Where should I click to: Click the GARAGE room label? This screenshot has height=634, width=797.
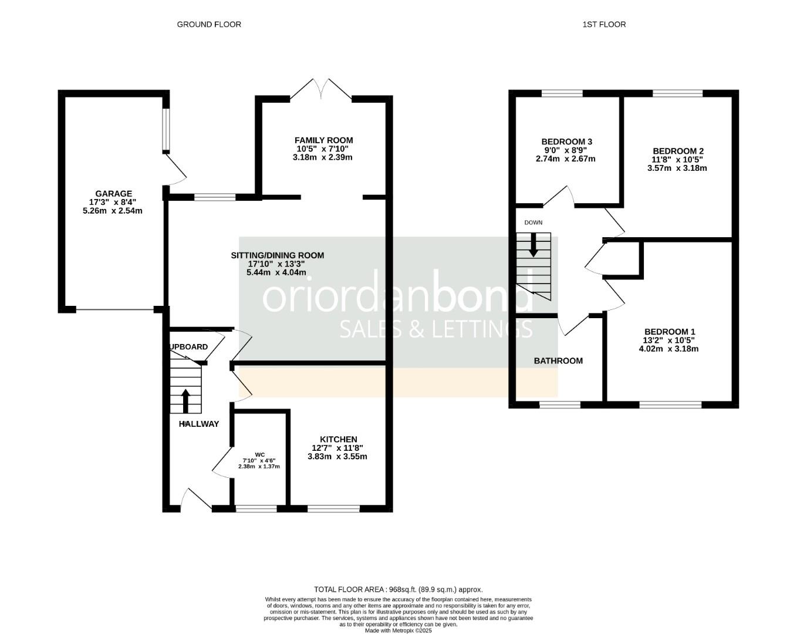(x=114, y=194)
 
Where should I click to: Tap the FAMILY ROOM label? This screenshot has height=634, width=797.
(x=323, y=140)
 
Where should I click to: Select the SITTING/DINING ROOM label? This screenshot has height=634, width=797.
(x=277, y=255)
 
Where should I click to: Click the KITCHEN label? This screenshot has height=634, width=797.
(x=338, y=440)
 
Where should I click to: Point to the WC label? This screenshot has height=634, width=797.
(x=259, y=454)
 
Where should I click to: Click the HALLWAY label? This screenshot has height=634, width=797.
(x=199, y=424)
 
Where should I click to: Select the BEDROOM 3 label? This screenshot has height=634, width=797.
(x=566, y=141)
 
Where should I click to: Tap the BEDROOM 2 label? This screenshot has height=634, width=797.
(x=678, y=151)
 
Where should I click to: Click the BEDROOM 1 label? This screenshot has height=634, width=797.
(x=670, y=331)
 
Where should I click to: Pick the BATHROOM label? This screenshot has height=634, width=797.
(x=558, y=360)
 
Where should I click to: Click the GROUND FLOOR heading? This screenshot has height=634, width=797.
(x=209, y=24)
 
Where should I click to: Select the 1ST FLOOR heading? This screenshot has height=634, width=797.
(x=604, y=24)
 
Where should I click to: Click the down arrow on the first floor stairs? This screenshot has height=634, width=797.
(x=533, y=245)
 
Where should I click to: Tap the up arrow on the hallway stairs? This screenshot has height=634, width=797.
(x=185, y=401)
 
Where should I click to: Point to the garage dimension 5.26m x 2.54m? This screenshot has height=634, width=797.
(x=113, y=211)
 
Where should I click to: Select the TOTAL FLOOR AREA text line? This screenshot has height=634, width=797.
(x=398, y=589)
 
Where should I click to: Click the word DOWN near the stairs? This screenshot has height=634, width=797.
(x=533, y=222)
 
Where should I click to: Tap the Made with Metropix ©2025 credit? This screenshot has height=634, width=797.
(x=398, y=630)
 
